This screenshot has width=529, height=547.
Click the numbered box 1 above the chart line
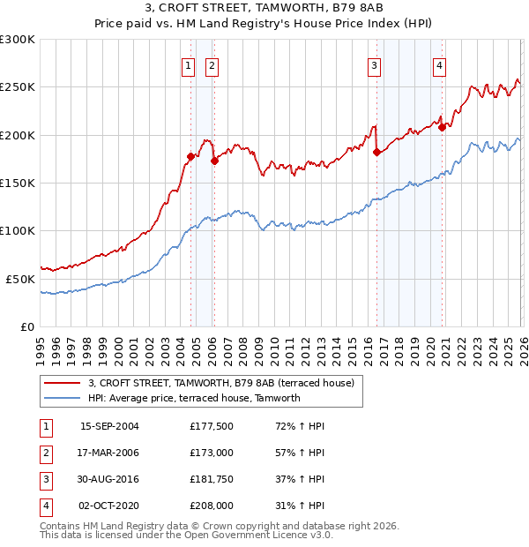188,64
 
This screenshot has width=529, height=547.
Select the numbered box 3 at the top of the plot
375,64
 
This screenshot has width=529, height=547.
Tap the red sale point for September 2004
190,157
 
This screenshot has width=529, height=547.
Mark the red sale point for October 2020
442,127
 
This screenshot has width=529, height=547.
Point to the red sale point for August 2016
377,153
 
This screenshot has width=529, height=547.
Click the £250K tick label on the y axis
18,87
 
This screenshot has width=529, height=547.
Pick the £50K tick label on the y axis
20,279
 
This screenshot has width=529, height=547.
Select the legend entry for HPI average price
194,398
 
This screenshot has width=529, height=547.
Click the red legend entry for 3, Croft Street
220,383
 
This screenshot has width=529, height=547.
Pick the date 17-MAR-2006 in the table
109,453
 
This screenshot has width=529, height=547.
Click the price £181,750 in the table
212,480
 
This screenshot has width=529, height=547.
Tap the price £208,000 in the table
212,506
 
